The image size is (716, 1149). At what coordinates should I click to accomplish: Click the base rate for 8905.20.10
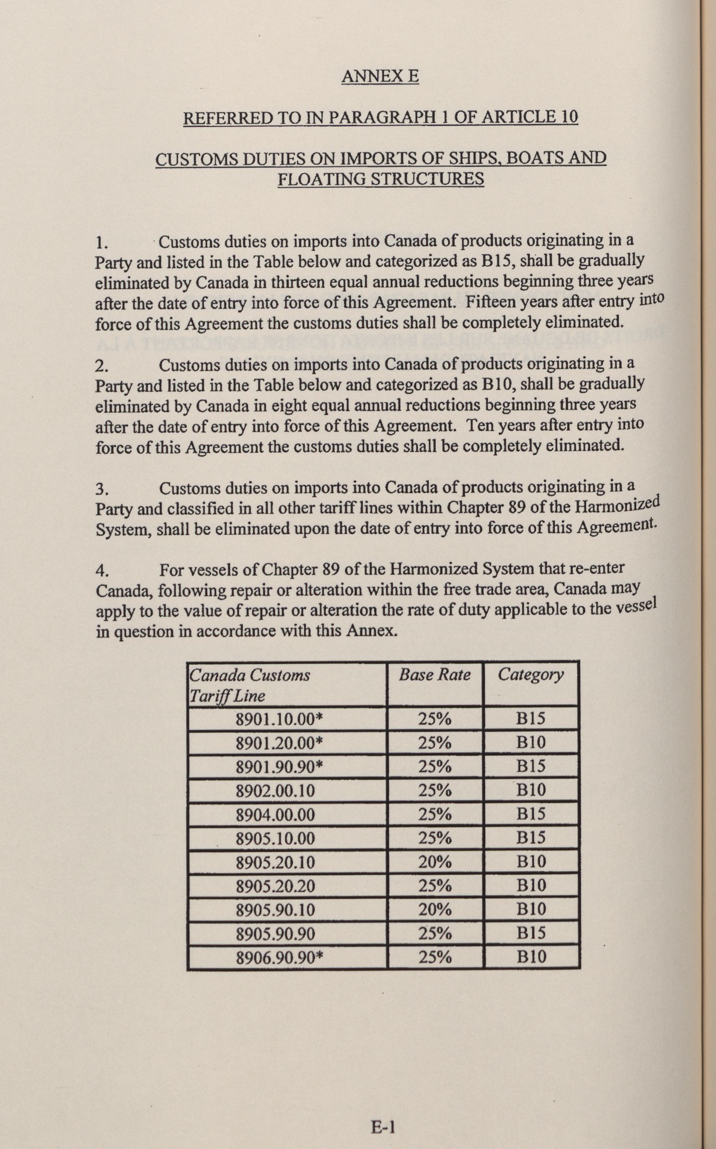click(435, 862)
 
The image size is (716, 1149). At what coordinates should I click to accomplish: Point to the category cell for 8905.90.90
click(531, 934)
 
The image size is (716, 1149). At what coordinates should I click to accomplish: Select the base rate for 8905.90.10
click(435, 910)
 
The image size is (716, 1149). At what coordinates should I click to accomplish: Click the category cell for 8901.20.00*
click(531, 743)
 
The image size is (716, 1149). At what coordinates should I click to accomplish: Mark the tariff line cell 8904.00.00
click(275, 815)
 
